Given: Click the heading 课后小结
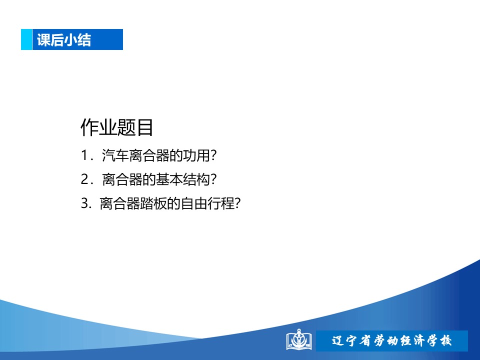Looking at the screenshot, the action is [64, 40].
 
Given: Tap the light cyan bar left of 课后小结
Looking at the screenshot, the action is [26, 39].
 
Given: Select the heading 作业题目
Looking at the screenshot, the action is [116, 127].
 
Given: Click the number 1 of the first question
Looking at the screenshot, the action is [84, 155].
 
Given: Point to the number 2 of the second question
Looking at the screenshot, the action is [84, 179].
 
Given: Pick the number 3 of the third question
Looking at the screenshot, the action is [84, 203].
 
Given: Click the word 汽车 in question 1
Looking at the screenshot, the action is [115, 155].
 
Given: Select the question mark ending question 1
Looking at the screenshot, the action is [213, 155].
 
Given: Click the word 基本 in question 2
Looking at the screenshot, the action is [169, 179].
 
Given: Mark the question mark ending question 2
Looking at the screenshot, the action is [213, 179].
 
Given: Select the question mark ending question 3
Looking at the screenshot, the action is [238, 203].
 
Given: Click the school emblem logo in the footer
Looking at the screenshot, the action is [299, 339].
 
